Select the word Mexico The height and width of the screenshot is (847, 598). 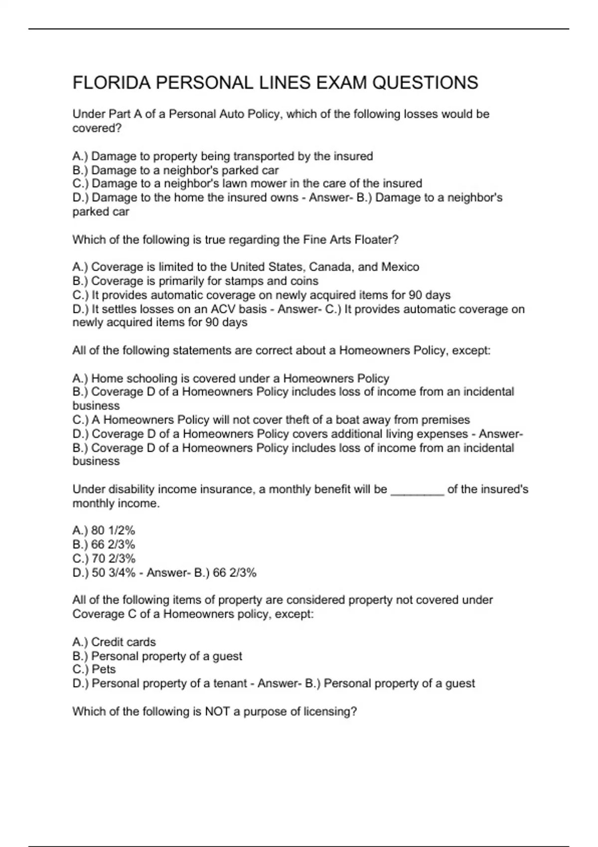coord(400,267)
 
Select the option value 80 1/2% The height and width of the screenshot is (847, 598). coord(113,531)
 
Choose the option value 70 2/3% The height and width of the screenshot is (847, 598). coord(114,559)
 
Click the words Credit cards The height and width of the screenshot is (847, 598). coord(124,642)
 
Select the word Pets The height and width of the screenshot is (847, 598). coord(104,669)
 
